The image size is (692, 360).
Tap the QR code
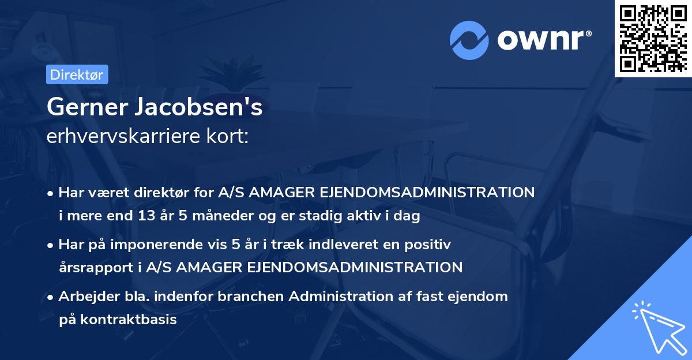click(x=653, y=38)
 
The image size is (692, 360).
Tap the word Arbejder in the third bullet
click(x=84, y=297)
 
